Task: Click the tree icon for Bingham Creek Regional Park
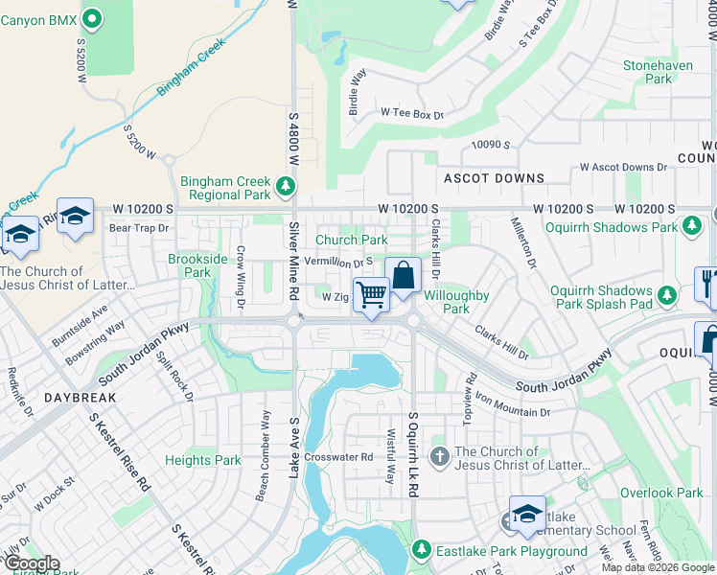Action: pyautogui.click(x=284, y=184)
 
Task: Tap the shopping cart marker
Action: pyautogui.click(x=371, y=295)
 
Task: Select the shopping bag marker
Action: pyautogui.click(x=404, y=275)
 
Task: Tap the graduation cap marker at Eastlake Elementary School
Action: pyautogui.click(x=526, y=515)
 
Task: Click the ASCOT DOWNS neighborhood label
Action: pyautogui.click(x=494, y=178)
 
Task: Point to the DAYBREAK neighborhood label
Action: pyautogui.click(x=53, y=396)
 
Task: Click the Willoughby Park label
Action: pyautogui.click(x=456, y=302)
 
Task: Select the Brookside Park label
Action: pyautogui.click(x=197, y=265)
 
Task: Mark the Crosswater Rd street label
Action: pyautogui.click(x=337, y=457)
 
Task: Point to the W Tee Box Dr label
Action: pyautogui.click(x=412, y=115)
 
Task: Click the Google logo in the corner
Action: pyautogui.click(x=31, y=563)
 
